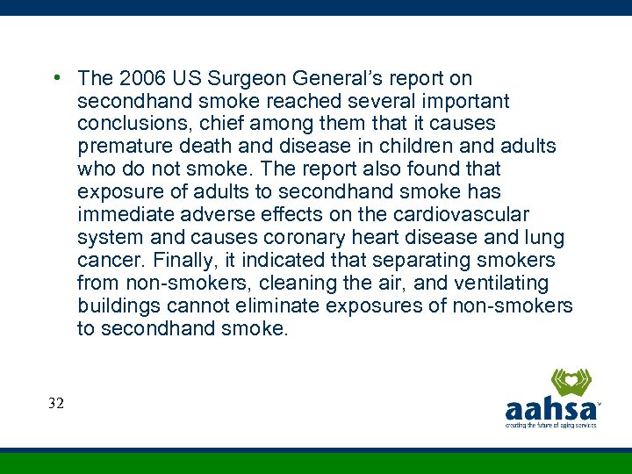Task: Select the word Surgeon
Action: tap(236, 78)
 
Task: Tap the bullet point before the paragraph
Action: tap(55, 77)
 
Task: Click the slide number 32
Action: tap(57, 403)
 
